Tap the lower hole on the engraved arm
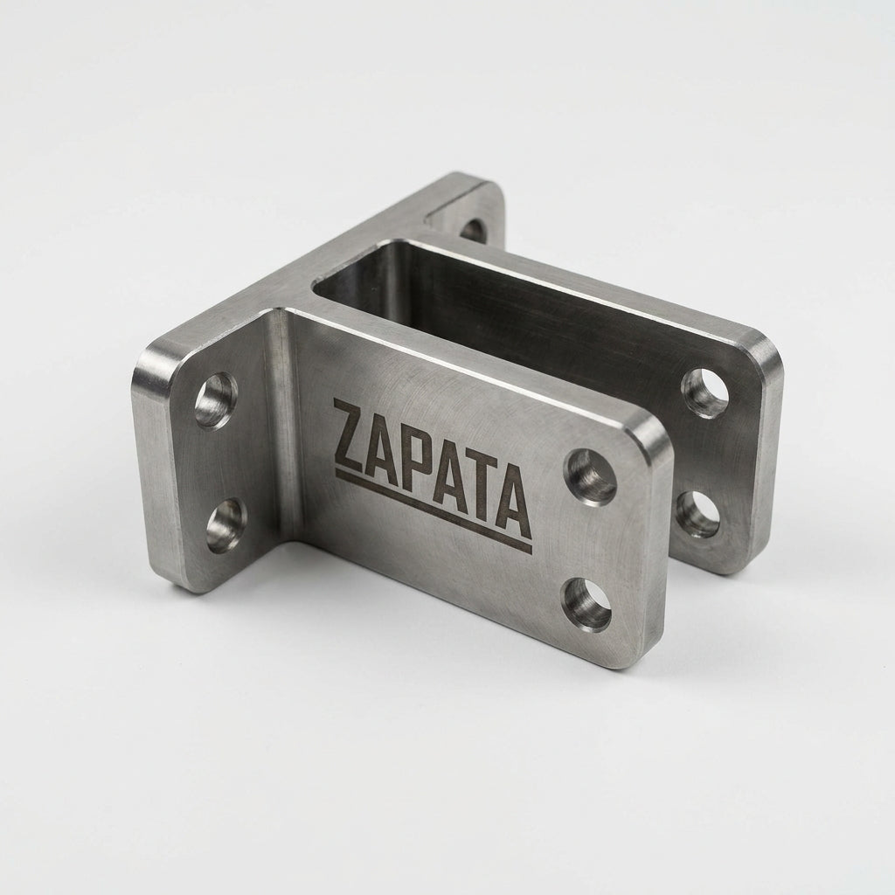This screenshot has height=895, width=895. click(587, 605)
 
